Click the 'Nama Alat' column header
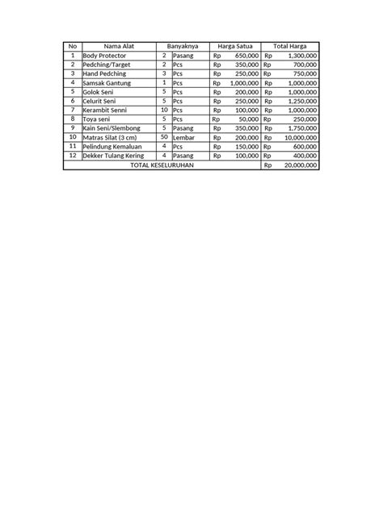118,46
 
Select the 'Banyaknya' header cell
182,46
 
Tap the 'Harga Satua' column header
234,46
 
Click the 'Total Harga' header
289,46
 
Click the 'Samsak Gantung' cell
107,82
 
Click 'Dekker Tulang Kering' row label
114,155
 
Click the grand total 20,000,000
300,165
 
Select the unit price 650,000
246,55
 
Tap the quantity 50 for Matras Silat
164,137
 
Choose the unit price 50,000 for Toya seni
248,119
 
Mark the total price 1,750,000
301,128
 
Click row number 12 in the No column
72,155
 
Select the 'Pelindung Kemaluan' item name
112,146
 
